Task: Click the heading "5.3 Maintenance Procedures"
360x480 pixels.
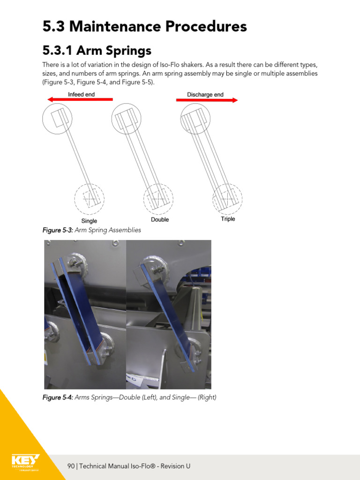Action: coord(144,27)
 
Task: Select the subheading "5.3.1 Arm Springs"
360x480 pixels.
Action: coord(97,50)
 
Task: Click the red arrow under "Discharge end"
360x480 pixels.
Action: coord(207,100)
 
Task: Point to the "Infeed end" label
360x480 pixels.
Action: coord(81,94)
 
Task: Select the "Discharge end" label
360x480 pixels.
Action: coord(205,94)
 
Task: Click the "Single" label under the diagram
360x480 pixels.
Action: coord(89,221)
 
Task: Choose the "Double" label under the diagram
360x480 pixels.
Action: coord(160,219)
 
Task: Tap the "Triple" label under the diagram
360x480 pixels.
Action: coord(228,219)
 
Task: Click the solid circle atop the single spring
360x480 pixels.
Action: coord(57,119)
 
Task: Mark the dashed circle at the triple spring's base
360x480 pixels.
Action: coord(227,199)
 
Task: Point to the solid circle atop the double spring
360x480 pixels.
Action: coord(126,118)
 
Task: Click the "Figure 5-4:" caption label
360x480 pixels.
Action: coord(58,397)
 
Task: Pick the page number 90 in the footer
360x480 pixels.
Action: coord(71,466)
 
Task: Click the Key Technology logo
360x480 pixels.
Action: coord(25,461)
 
